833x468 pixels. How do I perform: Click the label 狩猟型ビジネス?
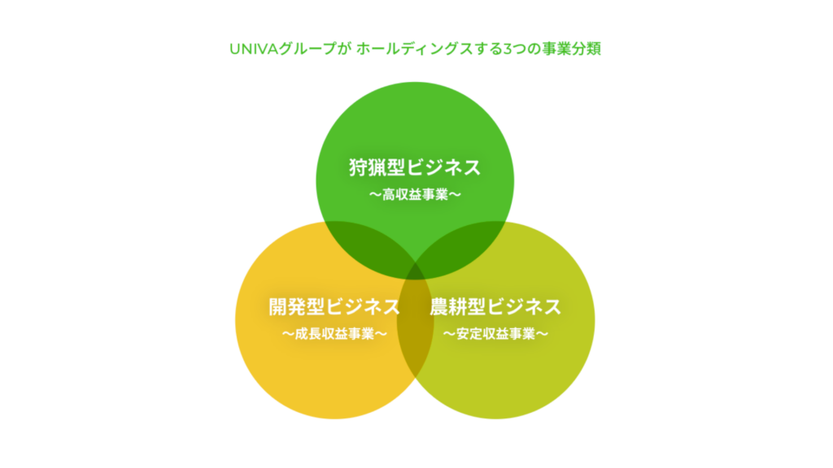(x=415, y=167)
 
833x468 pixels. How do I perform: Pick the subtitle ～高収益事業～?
(x=415, y=195)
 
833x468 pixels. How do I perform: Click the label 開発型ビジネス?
(x=334, y=306)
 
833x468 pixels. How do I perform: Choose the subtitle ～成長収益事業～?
(x=334, y=334)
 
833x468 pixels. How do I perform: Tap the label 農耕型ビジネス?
(x=495, y=306)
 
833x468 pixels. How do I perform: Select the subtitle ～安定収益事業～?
(x=495, y=334)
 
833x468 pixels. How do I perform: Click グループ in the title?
(x=308, y=49)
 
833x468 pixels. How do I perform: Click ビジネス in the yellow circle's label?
(x=364, y=306)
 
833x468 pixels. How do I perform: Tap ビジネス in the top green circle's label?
(x=444, y=167)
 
